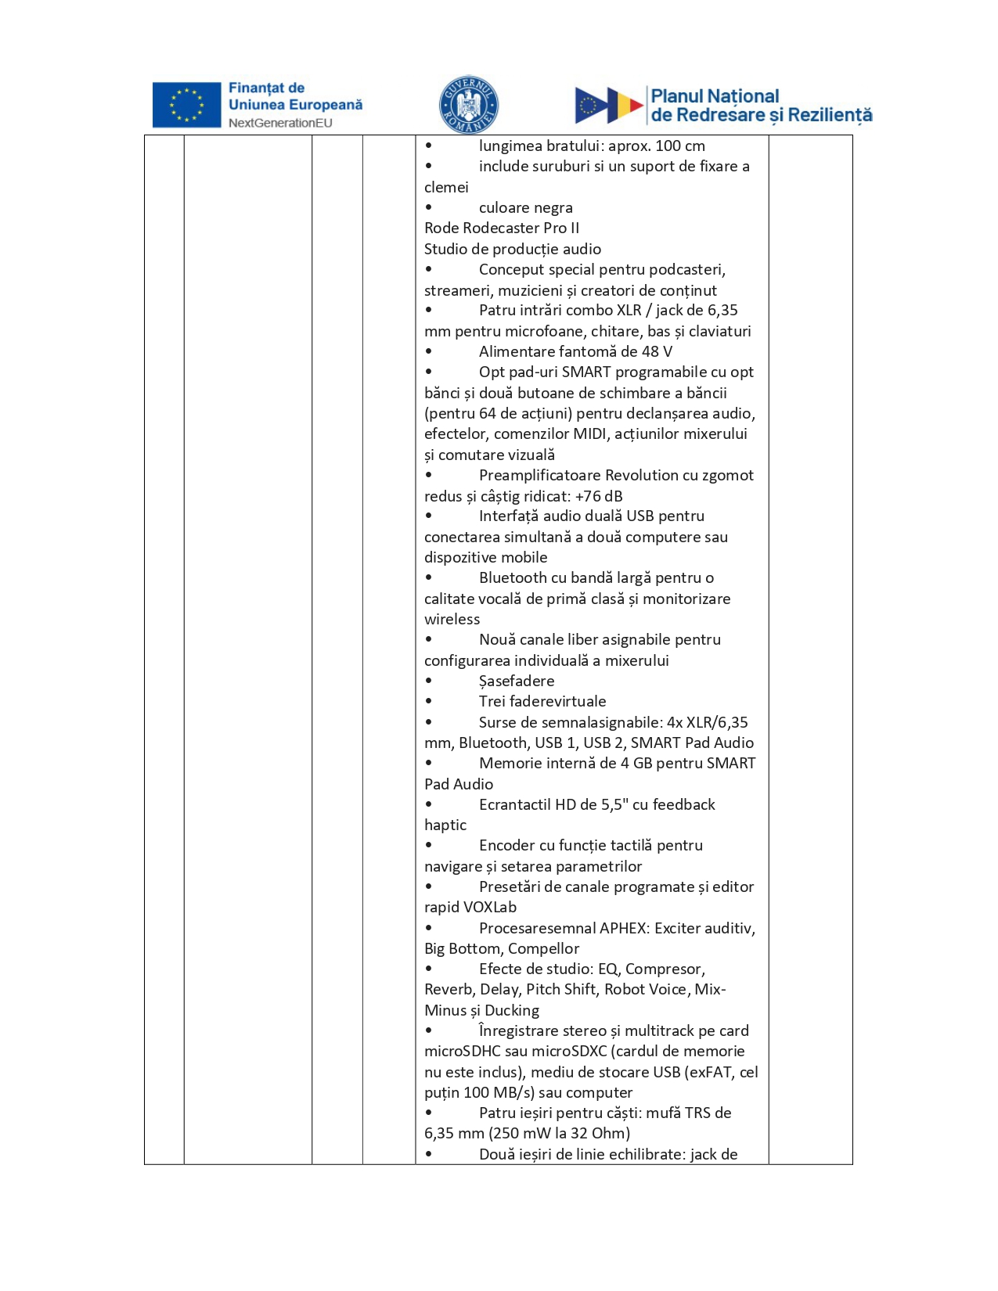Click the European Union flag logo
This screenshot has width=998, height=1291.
(186, 105)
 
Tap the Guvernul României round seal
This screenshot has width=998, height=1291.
(468, 105)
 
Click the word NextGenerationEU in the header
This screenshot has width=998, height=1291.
(280, 123)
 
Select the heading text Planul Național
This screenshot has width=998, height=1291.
(715, 96)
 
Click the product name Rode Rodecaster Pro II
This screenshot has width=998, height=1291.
(502, 228)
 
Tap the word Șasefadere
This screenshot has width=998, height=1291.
(517, 681)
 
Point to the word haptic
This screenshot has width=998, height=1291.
(445, 825)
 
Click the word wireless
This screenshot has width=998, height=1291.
(452, 619)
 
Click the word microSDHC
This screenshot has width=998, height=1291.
(463, 1051)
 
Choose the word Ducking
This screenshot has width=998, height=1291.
(512, 1010)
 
